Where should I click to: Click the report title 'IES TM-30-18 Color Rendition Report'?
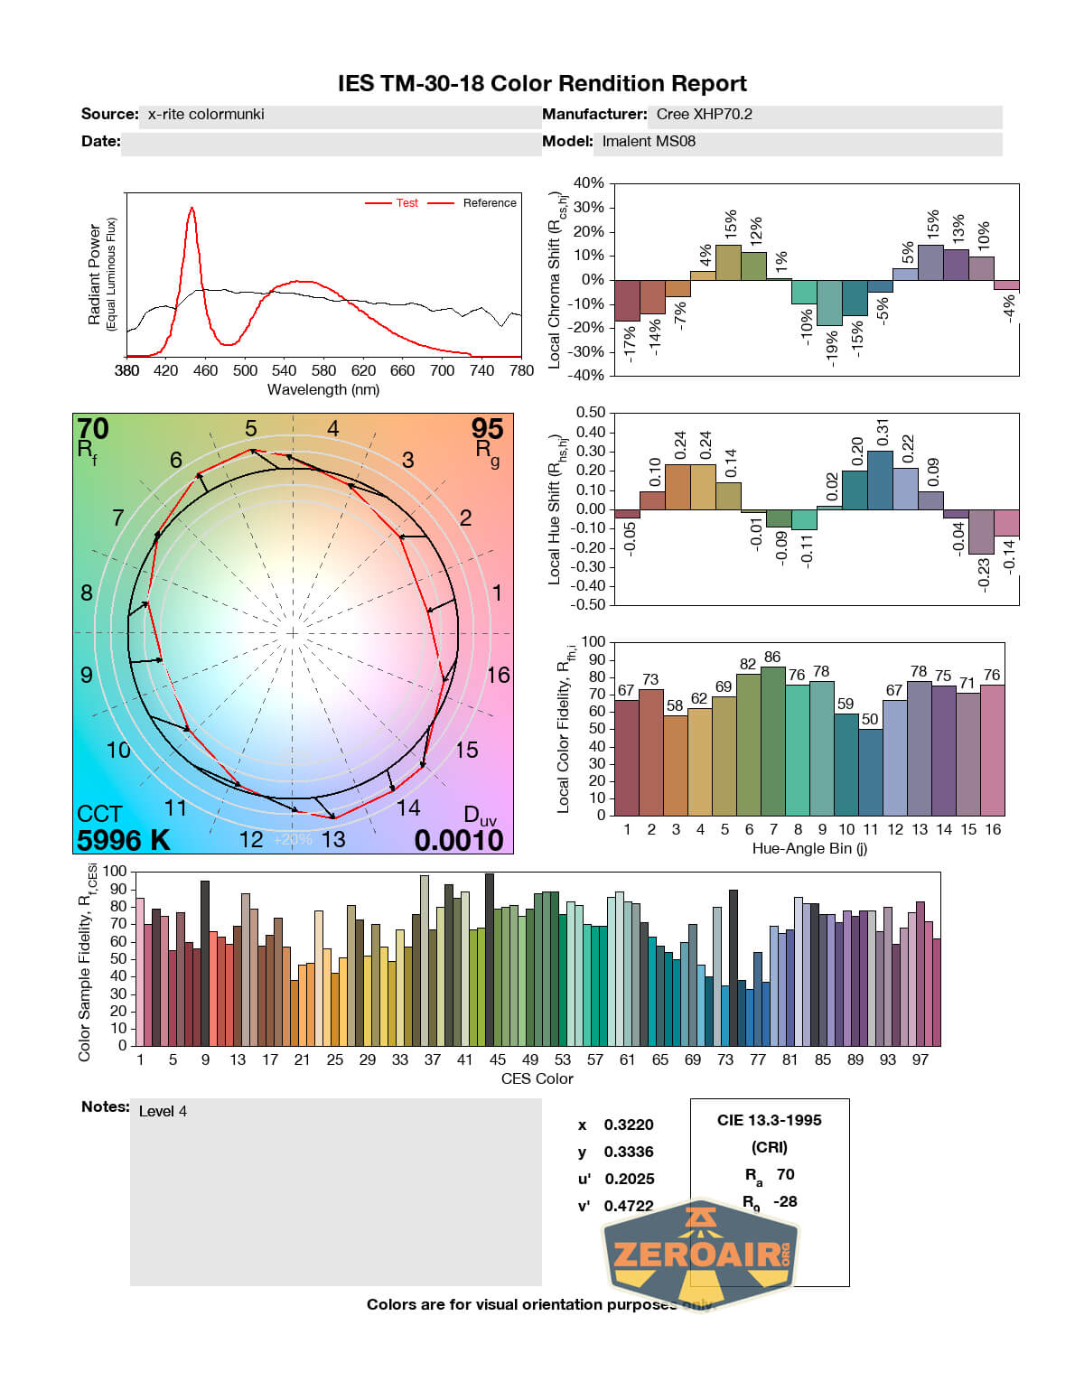click(542, 84)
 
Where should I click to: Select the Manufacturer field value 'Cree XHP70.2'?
click(704, 115)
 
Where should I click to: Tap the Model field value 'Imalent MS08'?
click(649, 142)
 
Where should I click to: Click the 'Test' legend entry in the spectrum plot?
click(406, 203)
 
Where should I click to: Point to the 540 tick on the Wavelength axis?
click(284, 370)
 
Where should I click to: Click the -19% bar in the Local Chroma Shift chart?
click(829, 303)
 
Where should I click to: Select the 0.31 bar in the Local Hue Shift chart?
click(880, 480)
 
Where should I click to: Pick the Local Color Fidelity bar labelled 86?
click(772, 741)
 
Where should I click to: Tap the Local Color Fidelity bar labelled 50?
click(870, 771)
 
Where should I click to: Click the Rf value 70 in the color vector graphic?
click(93, 429)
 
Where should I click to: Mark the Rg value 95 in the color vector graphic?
click(487, 429)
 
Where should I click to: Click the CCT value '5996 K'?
click(123, 840)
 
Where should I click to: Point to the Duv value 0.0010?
click(459, 841)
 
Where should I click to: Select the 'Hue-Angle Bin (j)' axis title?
click(809, 849)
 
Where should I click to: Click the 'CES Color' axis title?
click(537, 1079)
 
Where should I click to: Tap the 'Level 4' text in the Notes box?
click(163, 1112)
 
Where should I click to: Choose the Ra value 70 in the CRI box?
click(785, 1174)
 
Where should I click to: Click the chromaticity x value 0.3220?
click(629, 1125)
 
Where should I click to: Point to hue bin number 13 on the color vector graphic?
click(333, 840)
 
